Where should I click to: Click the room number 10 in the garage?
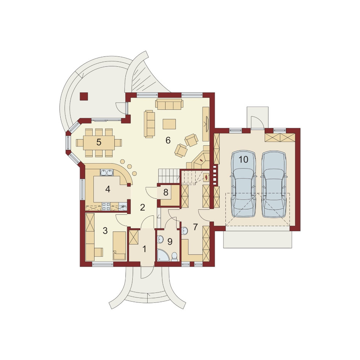(243, 159)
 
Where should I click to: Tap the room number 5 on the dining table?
(99, 142)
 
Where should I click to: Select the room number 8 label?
(166, 193)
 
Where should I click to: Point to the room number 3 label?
(105, 230)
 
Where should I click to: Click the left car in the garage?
(243, 184)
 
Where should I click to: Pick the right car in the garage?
(274, 184)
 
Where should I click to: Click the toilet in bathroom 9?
(175, 257)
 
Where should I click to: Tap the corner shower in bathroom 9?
(162, 256)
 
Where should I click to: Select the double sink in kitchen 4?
(107, 172)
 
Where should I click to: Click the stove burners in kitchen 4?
(106, 206)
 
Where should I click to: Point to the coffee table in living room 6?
(169, 124)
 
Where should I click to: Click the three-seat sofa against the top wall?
(169, 104)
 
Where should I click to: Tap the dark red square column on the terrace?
(84, 96)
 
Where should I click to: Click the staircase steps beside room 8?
(169, 176)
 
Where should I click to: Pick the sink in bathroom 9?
(160, 240)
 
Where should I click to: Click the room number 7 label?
(195, 227)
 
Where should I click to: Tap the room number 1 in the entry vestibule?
(145, 249)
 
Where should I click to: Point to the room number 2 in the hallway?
(142, 207)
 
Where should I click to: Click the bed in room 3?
(119, 246)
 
